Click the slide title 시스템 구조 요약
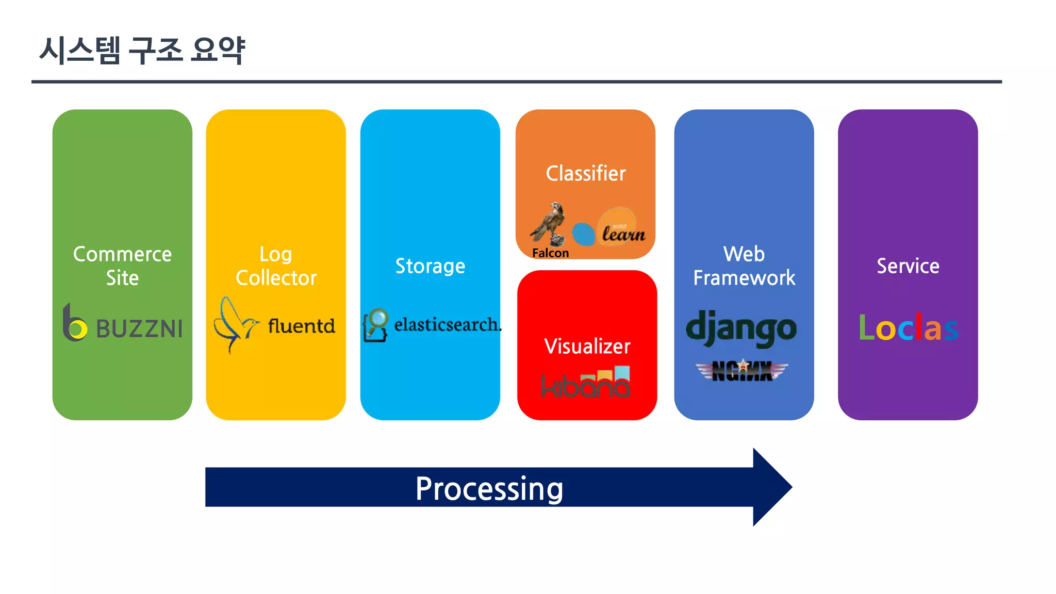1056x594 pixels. (142, 50)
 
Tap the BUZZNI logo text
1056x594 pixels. (139, 329)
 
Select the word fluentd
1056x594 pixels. (301, 326)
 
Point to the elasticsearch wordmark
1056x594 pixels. (447, 325)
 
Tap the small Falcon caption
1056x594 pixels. (550, 253)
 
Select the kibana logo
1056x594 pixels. (586, 383)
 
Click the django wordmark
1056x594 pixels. (741, 328)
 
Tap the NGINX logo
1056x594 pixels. (742, 370)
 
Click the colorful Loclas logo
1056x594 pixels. (908, 327)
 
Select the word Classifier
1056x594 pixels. (586, 174)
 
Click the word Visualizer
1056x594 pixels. (587, 346)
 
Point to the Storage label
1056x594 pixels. (430, 266)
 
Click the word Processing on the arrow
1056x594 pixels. (489, 488)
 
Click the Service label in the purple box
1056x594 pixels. (908, 266)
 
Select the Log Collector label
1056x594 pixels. (276, 266)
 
